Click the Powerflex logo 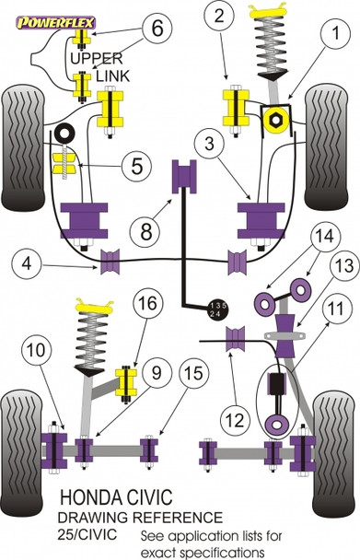56,23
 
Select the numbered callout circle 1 335,33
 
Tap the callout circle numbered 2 219,16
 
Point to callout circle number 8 146,231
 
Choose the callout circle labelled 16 148,303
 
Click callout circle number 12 235,420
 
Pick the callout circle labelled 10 37,349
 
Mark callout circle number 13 343,265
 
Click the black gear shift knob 218,309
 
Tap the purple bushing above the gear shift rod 184,177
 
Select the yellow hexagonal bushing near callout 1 275,121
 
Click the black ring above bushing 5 64,133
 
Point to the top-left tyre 23,147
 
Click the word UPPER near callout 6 97,59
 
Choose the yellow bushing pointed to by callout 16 126,382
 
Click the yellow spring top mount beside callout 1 268,10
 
